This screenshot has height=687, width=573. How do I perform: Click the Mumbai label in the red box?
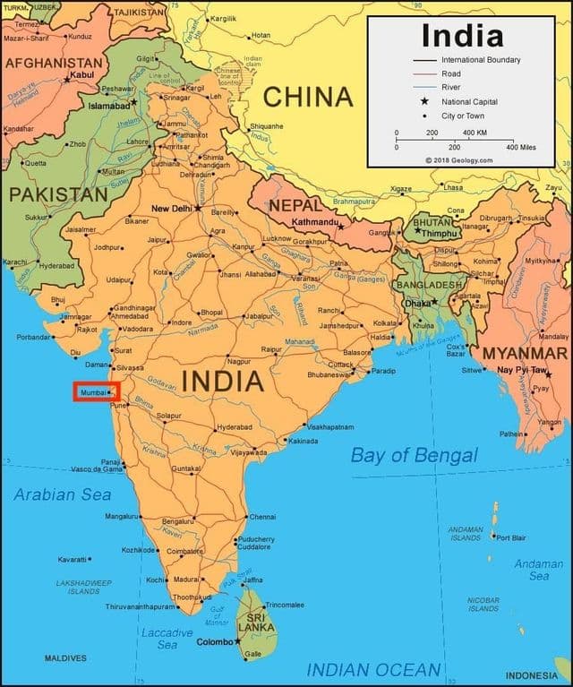93,392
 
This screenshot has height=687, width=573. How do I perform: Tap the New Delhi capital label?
172,208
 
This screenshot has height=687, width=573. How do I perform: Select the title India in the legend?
462,36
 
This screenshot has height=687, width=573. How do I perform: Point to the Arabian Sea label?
63,494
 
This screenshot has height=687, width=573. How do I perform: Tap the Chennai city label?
263,517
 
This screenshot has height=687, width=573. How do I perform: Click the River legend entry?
450,87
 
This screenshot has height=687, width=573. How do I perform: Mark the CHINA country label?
308,97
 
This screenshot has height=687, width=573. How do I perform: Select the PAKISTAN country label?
58,193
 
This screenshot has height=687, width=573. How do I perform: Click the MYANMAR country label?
525,353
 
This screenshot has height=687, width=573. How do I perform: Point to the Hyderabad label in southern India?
235,427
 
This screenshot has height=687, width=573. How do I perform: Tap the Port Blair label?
511,537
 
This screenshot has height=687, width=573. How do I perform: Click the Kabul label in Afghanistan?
81,74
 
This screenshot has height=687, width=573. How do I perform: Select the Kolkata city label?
385,322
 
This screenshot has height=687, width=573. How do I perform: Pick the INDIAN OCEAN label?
373,669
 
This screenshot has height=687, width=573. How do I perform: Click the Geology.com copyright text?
458,160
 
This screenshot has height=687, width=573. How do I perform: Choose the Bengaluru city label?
177,521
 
